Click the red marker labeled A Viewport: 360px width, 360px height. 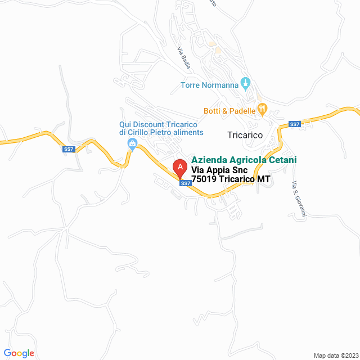179,168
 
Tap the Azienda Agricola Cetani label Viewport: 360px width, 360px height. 244,160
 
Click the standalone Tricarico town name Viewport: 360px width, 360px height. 245,135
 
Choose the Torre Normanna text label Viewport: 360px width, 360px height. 209,85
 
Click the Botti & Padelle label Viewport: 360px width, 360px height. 229,111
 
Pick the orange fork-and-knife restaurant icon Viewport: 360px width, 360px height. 261,109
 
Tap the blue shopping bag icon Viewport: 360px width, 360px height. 132,145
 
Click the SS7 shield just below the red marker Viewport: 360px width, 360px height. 184,183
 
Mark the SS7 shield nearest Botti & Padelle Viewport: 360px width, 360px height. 294,124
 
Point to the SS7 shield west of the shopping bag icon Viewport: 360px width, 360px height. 68,149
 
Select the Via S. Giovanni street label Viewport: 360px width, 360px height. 298,199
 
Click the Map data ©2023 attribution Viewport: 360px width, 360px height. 335,355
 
